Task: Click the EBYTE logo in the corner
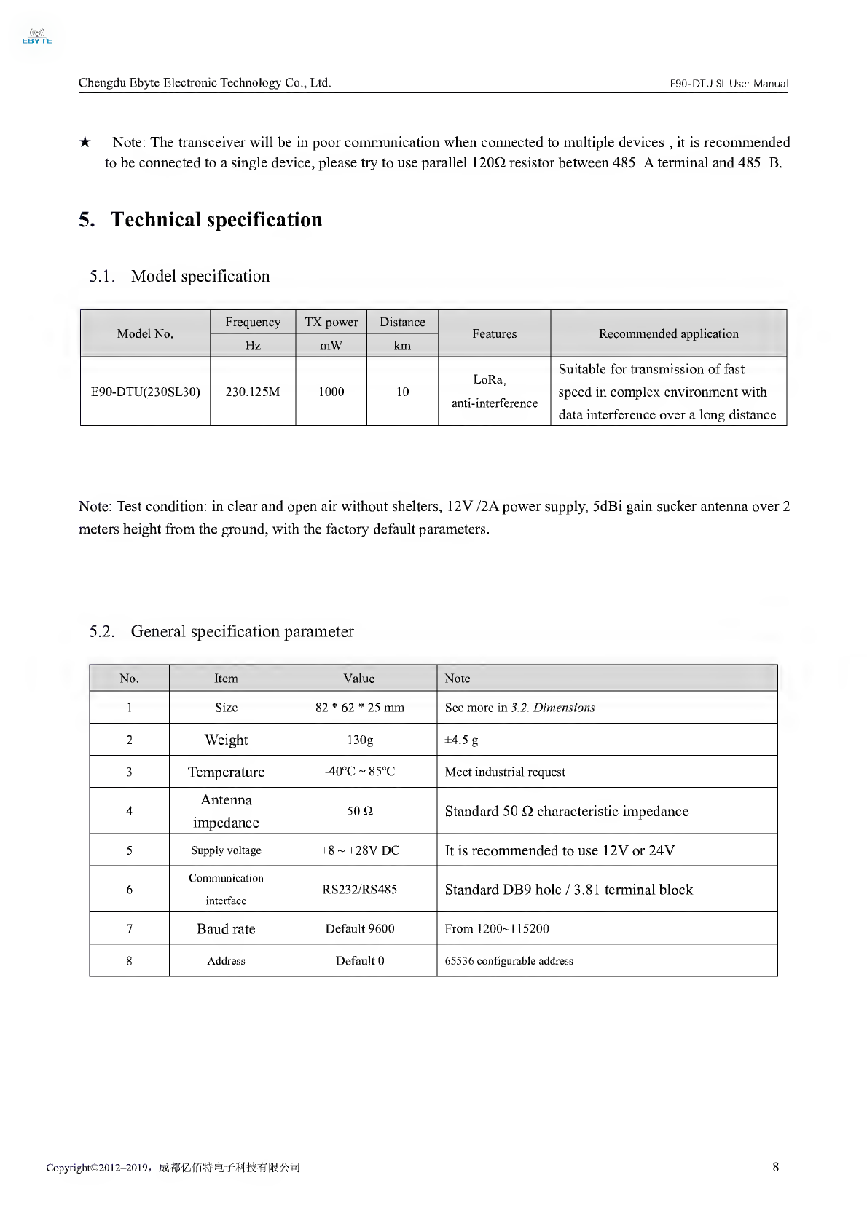(37, 37)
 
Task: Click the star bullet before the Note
(85, 142)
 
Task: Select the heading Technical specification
(216, 220)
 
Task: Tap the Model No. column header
(145, 333)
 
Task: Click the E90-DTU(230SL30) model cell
(145, 392)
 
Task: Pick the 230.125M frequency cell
(253, 392)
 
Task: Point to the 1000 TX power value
(331, 392)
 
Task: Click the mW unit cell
(331, 346)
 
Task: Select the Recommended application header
(668, 333)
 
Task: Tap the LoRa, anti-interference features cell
(494, 391)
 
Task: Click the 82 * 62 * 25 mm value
(359, 708)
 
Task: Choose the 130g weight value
(359, 740)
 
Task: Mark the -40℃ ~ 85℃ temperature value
(359, 772)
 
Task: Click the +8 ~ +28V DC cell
(359, 850)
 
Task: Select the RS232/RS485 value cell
(359, 890)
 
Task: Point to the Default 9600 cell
(359, 929)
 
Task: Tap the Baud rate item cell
(226, 929)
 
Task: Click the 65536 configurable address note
(509, 961)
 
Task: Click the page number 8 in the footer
(775, 1167)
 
